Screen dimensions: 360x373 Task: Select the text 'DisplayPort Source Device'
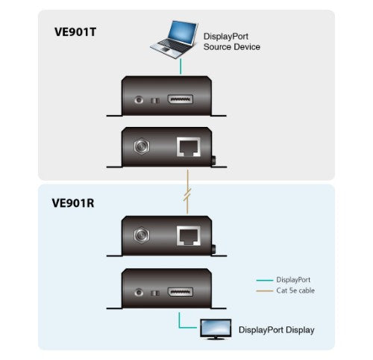tap(231, 40)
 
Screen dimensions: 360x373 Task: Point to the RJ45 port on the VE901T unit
tap(187, 148)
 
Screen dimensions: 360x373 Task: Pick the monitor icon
tap(216, 328)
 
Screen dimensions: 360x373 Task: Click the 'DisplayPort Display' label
tap(276, 329)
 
